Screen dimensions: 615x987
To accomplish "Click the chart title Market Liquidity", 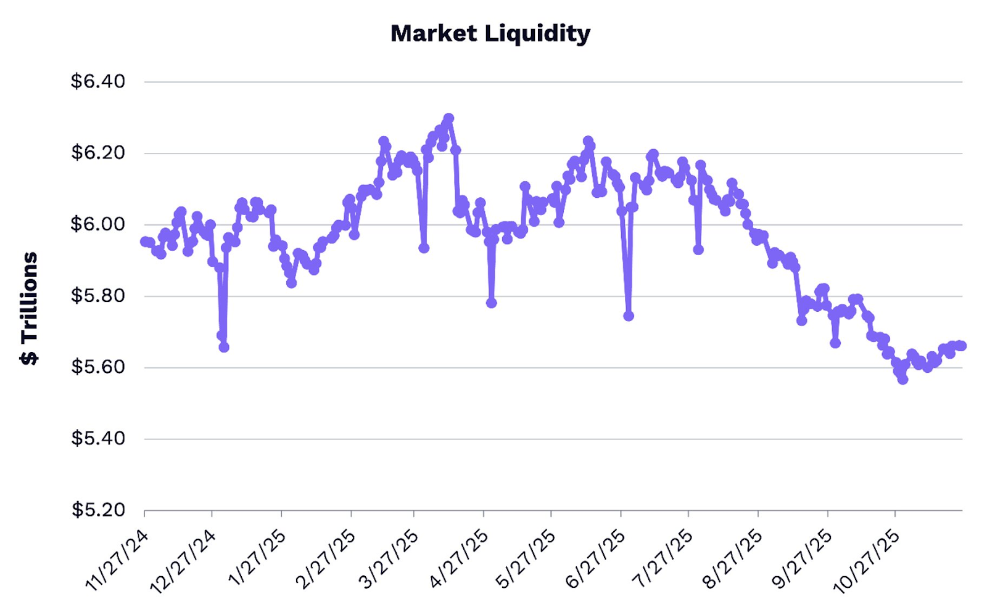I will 490,33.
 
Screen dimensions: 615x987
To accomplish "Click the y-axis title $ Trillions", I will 29,308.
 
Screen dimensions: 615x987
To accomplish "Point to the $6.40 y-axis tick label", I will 98,81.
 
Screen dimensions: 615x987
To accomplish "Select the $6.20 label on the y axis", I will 98,153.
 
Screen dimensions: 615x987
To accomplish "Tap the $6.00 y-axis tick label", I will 98,224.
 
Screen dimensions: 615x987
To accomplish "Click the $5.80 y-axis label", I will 98,296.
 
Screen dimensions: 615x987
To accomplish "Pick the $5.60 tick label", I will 98,367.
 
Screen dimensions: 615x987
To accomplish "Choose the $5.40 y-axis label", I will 98,439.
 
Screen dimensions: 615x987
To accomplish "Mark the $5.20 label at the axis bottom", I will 98,510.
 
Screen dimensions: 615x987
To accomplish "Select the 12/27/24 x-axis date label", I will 183,561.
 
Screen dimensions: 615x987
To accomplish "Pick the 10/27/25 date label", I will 867,561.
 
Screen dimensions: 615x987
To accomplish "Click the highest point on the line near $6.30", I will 448,118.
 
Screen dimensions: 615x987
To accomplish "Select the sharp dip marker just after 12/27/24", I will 224,348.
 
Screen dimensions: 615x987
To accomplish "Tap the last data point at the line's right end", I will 961,346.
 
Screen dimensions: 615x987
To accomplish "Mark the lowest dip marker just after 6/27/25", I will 629,316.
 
